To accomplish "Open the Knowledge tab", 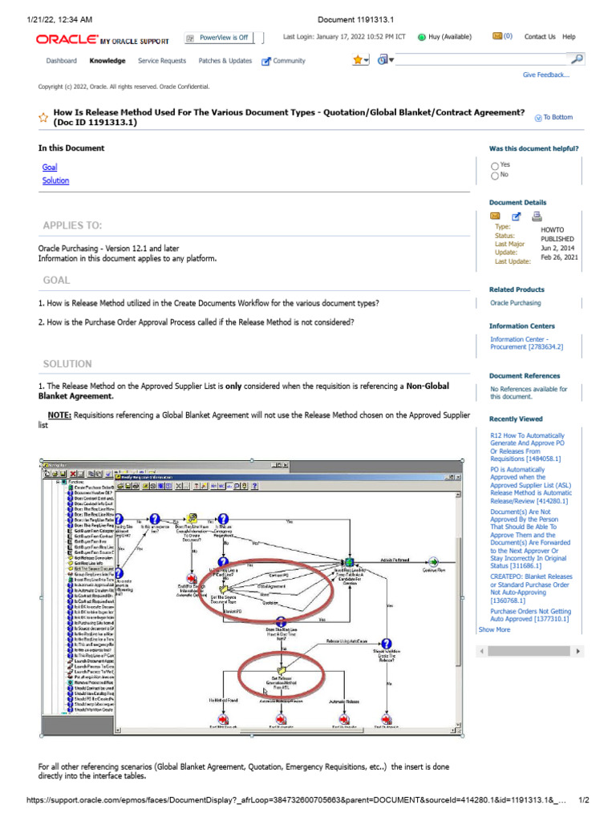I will click(107, 61).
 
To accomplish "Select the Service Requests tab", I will click(161, 61).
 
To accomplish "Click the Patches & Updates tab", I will click(225, 61).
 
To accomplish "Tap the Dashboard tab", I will click(61, 61).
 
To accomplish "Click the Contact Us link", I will click(540, 37).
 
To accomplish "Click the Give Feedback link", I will click(546, 75).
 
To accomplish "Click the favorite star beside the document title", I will click(43, 118).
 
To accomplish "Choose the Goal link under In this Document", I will click(50, 167).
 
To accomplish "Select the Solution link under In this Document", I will click(55, 180).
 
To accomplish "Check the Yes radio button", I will click(495, 165).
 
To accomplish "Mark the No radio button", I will click(495, 175).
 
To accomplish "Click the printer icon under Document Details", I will click(537, 216).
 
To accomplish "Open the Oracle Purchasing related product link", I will click(515, 303).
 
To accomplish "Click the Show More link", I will click(494, 629).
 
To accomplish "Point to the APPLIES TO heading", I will click(72, 225).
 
